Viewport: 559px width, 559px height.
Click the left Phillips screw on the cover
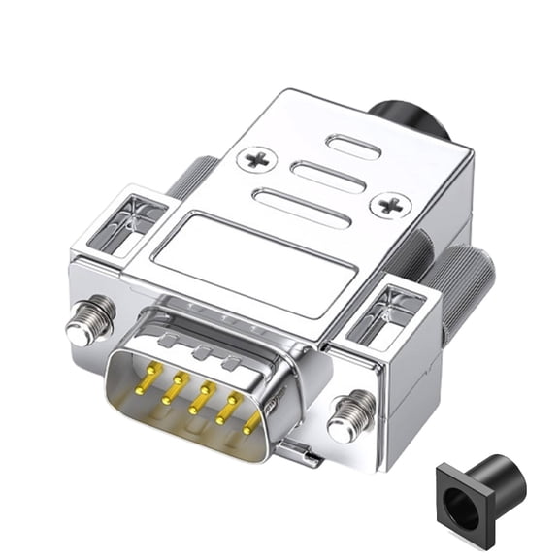click(257, 158)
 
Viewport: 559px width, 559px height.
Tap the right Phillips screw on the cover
click(394, 205)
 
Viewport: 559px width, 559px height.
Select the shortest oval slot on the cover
click(352, 148)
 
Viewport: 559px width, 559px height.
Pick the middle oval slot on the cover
click(328, 177)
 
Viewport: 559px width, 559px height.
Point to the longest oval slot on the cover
click(301, 209)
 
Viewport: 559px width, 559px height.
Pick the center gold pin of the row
click(201, 395)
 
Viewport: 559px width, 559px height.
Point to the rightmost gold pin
click(252, 421)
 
